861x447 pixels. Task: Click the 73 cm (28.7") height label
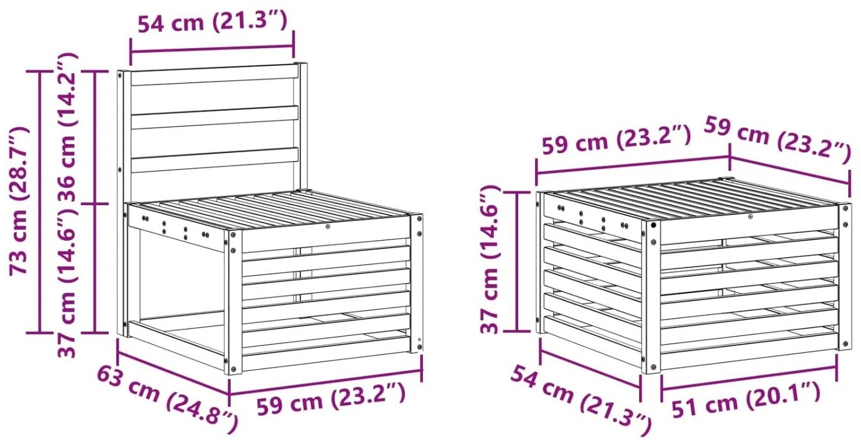pyautogui.click(x=19, y=201)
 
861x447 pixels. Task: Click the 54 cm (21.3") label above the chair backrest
pyautogui.click(x=213, y=22)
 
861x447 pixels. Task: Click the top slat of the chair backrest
pyautogui.click(x=215, y=75)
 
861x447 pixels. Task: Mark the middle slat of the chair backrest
pyautogui.click(x=215, y=117)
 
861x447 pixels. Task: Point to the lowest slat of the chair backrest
pyautogui.click(x=215, y=160)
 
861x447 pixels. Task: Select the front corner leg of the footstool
pyautogui.click(x=651, y=296)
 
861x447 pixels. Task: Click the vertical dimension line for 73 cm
pyautogui.click(x=39, y=202)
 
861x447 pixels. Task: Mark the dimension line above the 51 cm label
pyautogui.click(x=748, y=378)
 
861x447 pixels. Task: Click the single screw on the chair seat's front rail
pyautogui.click(x=328, y=227)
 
